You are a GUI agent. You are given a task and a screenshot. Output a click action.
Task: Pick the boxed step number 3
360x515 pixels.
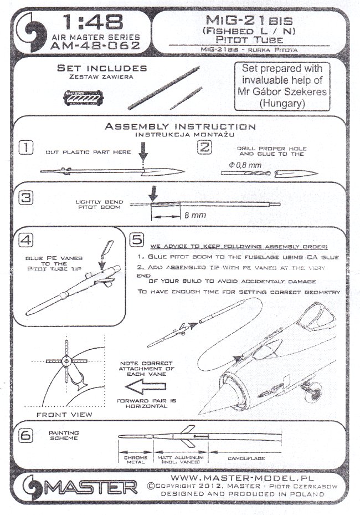coord(25,197)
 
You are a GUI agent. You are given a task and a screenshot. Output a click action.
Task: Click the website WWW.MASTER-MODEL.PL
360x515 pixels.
coord(240,476)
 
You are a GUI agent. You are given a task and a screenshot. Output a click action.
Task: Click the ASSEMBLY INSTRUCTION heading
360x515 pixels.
coord(181,126)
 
